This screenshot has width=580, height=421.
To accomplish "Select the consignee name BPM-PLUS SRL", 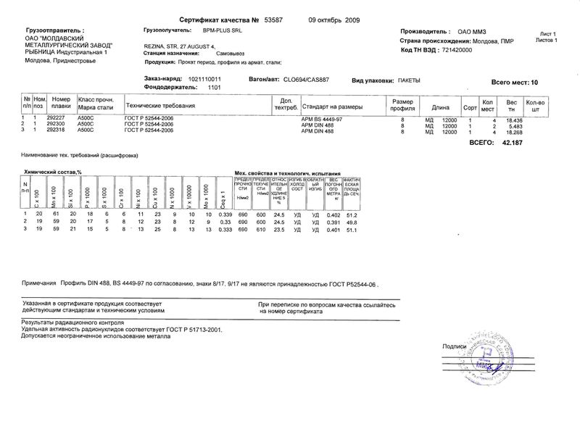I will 220,31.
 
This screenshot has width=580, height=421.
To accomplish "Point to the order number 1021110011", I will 204,78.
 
